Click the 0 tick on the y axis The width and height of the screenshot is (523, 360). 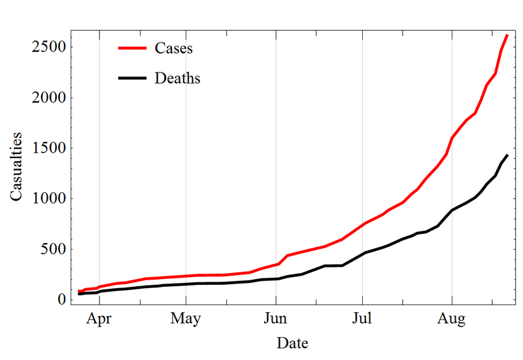62,299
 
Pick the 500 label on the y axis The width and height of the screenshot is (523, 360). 53,249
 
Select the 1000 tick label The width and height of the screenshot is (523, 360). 48,199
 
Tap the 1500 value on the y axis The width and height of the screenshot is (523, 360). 48,148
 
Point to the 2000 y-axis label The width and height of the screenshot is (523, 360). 48,98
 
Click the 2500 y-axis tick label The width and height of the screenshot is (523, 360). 48,48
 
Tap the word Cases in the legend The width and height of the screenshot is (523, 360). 173,48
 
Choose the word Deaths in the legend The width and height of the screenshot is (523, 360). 177,78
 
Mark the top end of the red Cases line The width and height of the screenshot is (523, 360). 507,35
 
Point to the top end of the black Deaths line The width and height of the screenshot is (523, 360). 507,155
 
